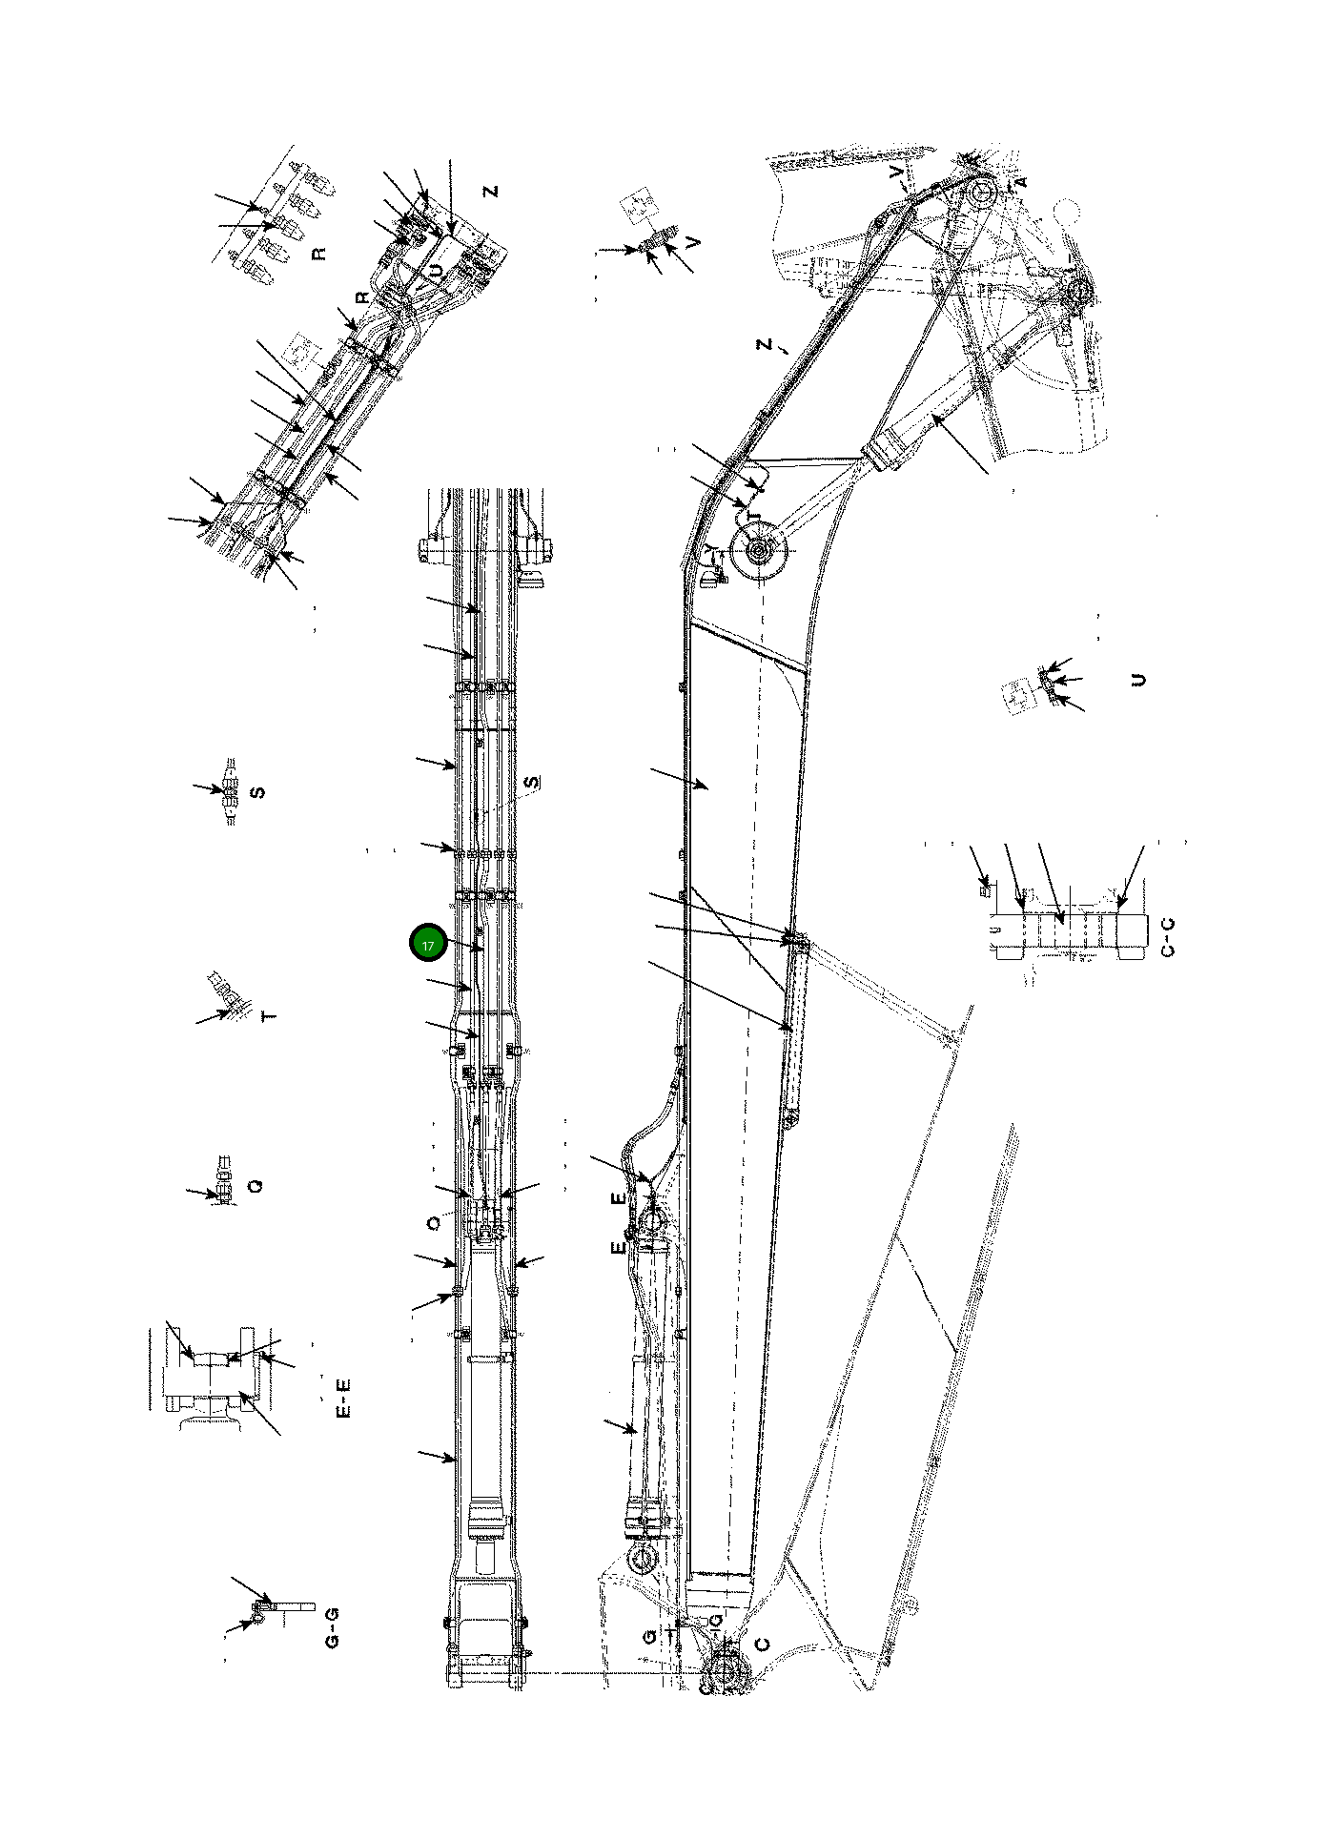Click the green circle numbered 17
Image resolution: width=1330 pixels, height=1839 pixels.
(x=427, y=944)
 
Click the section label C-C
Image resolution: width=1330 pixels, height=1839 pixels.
(x=1169, y=935)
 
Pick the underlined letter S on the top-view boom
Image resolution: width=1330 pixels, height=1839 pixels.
(x=532, y=782)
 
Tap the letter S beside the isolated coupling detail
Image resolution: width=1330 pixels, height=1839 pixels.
(x=256, y=791)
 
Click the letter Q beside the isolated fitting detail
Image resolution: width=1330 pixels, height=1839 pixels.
(x=254, y=1186)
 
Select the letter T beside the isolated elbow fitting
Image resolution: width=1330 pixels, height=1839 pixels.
(x=270, y=1016)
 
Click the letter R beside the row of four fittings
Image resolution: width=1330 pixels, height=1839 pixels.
(x=319, y=254)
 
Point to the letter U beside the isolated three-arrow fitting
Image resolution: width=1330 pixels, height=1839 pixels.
(x=1137, y=680)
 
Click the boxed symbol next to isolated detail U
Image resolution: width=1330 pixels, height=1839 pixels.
(x=1018, y=692)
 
